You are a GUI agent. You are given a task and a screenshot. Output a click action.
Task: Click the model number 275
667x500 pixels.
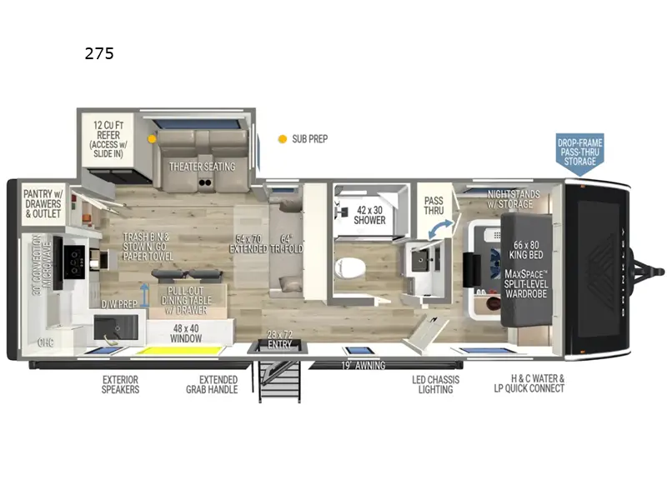98,54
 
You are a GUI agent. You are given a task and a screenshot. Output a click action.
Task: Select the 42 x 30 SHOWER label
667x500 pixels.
371,215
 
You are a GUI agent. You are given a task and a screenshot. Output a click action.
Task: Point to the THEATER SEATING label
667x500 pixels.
202,167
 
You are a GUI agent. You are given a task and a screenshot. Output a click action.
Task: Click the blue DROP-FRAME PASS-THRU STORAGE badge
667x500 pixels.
580,152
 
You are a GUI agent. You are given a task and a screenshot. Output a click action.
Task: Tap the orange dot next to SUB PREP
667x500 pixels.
283,139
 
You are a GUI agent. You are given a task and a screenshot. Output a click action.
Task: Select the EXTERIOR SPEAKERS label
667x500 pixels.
121,384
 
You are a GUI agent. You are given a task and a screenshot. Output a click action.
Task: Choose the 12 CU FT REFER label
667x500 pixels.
108,137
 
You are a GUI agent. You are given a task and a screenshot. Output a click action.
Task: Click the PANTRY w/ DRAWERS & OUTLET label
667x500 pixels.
43,202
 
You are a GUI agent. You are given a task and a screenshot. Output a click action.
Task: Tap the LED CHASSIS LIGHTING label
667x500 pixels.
433,384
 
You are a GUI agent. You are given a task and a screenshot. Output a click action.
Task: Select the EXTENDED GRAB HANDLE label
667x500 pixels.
212,384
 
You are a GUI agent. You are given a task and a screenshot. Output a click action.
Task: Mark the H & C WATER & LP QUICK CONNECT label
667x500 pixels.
529,384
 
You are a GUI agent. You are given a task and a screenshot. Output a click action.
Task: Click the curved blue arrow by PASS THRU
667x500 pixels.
444,225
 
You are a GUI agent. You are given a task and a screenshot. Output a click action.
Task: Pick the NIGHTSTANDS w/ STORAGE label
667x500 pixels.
514,199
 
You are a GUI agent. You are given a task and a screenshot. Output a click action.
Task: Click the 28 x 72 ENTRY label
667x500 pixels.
278,337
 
